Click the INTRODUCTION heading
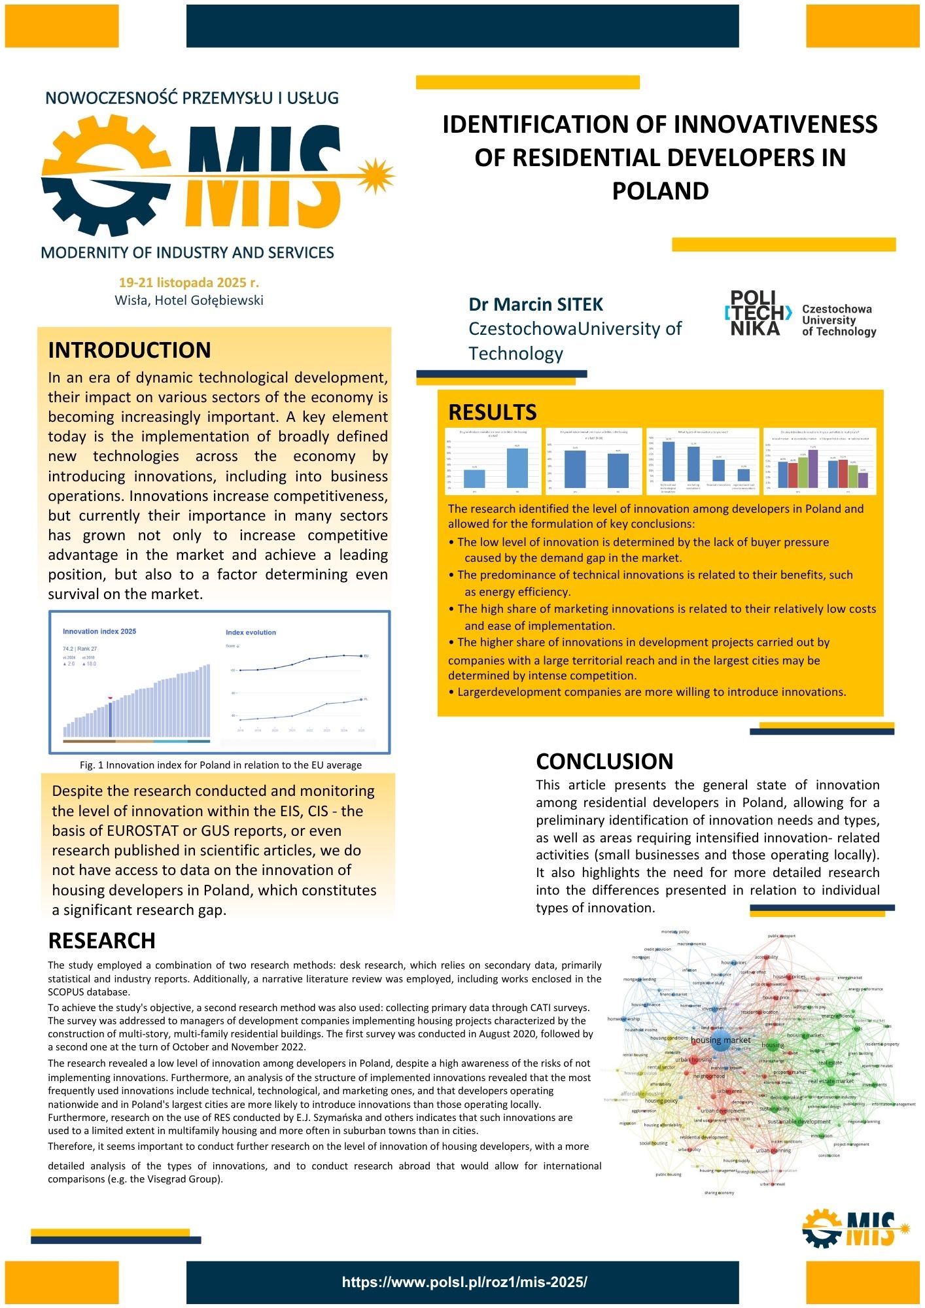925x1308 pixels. point(130,351)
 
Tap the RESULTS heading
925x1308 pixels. point(492,413)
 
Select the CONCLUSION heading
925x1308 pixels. point(604,761)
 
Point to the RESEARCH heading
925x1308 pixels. point(102,940)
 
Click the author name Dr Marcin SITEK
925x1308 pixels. point(536,305)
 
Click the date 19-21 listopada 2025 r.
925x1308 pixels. point(189,283)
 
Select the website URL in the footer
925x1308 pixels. point(464,1282)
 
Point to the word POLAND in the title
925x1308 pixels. point(660,191)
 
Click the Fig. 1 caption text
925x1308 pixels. point(220,765)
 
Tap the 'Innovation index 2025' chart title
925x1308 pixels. point(99,631)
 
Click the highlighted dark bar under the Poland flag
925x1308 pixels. point(110,720)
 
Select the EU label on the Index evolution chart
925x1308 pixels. point(366,656)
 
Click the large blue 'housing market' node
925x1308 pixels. point(720,1042)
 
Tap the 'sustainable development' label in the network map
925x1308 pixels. point(799,1122)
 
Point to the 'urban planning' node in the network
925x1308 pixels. point(773,1150)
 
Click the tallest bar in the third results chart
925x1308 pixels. point(669,464)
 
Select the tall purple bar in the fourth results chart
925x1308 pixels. point(813,468)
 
